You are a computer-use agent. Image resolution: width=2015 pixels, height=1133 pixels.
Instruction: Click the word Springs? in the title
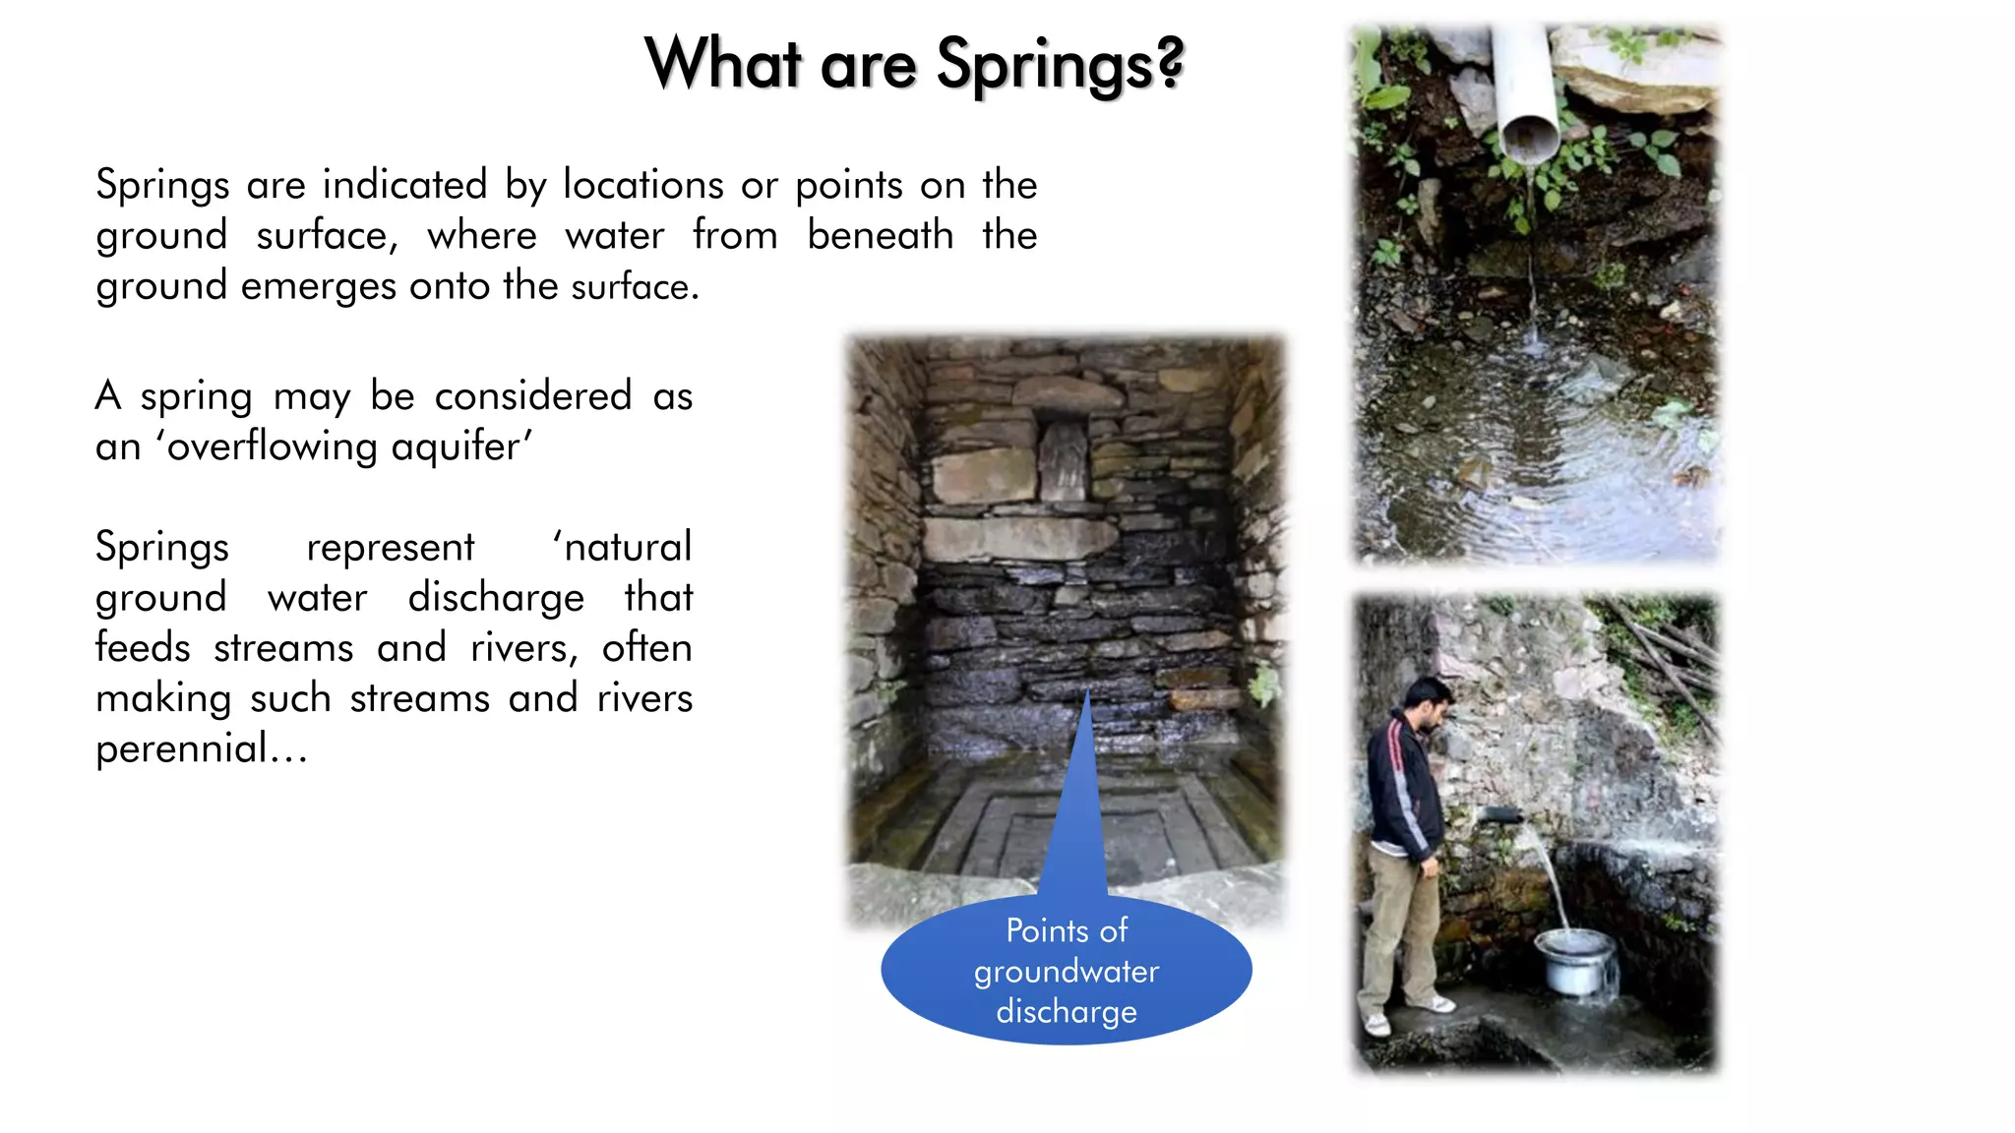pos(1060,65)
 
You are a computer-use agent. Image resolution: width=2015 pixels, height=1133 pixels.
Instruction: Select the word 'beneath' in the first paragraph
pos(880,235)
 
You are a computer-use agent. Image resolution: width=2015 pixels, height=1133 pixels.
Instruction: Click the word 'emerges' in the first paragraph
pos(319,286)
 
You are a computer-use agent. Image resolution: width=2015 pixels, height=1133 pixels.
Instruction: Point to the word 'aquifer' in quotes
pos(457,447)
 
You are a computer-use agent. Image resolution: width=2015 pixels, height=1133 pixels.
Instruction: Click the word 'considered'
pos(532,396)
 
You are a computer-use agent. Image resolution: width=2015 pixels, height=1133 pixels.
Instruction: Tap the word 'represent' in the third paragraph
pos(390,548)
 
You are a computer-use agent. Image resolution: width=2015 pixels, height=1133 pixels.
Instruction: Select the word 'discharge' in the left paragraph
pos(496,598)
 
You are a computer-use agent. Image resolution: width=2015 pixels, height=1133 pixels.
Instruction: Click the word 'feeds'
pos(142,648)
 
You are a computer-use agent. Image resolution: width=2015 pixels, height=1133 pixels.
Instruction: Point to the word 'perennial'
pos(181,749)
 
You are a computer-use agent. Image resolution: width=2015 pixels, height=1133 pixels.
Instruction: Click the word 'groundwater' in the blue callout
pos(1067,972)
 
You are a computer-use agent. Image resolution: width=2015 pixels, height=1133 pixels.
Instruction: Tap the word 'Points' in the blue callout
pos(1046,930)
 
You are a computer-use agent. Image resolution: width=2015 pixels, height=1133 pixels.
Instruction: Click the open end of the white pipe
pos(1529,139)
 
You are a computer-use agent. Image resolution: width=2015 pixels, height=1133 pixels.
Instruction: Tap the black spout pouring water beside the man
pos(1501,814)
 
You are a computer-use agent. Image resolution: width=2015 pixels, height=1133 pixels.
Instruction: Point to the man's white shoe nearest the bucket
pos(1435,1004)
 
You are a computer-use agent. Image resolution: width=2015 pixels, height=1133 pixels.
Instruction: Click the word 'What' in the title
pos(722,65)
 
